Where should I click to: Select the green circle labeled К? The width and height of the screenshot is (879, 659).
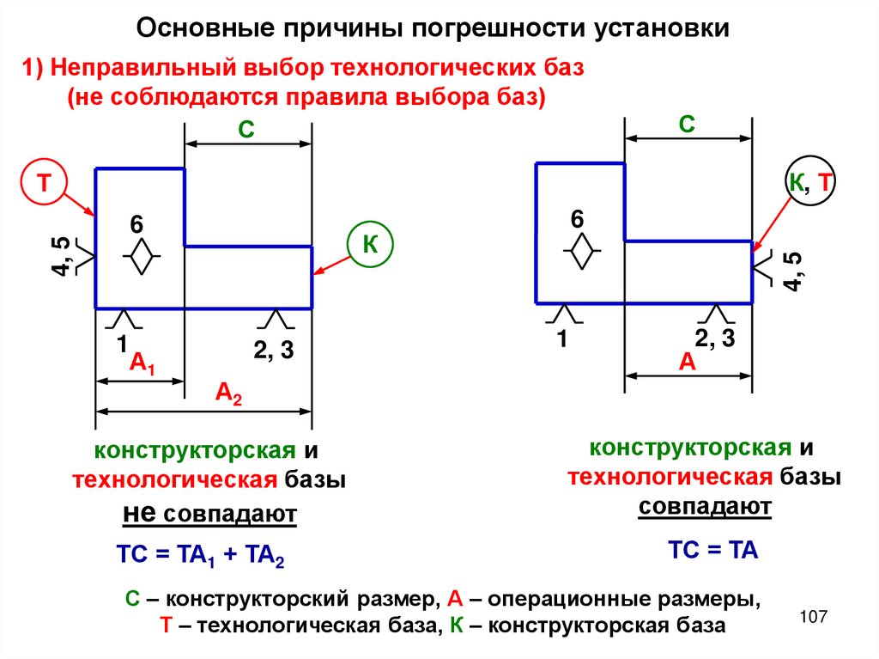tap(370, 244)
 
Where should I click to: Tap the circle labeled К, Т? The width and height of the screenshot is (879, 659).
tap(810, 181)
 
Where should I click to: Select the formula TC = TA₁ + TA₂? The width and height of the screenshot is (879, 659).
tap(199, 556)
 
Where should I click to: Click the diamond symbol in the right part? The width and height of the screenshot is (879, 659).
tap(582, 253)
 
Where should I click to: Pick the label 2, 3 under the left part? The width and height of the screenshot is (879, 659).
tap(274, 349)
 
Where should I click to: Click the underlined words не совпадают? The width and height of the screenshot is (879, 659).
tap(210, 515)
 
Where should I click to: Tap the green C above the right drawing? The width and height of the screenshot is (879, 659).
tap(686, 124)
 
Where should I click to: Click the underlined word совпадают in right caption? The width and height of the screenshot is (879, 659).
tap(705, 507)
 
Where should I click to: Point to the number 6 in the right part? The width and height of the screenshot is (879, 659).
tap(577, 220)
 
